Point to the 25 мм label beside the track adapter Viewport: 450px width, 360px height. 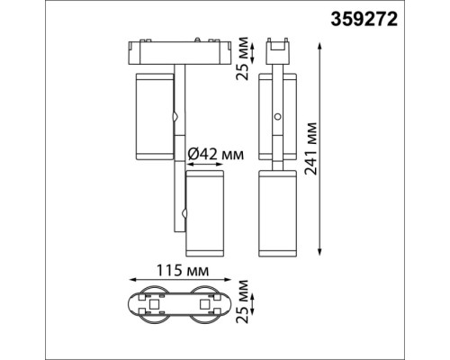(239, 58)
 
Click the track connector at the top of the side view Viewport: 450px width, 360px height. (279, 47)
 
